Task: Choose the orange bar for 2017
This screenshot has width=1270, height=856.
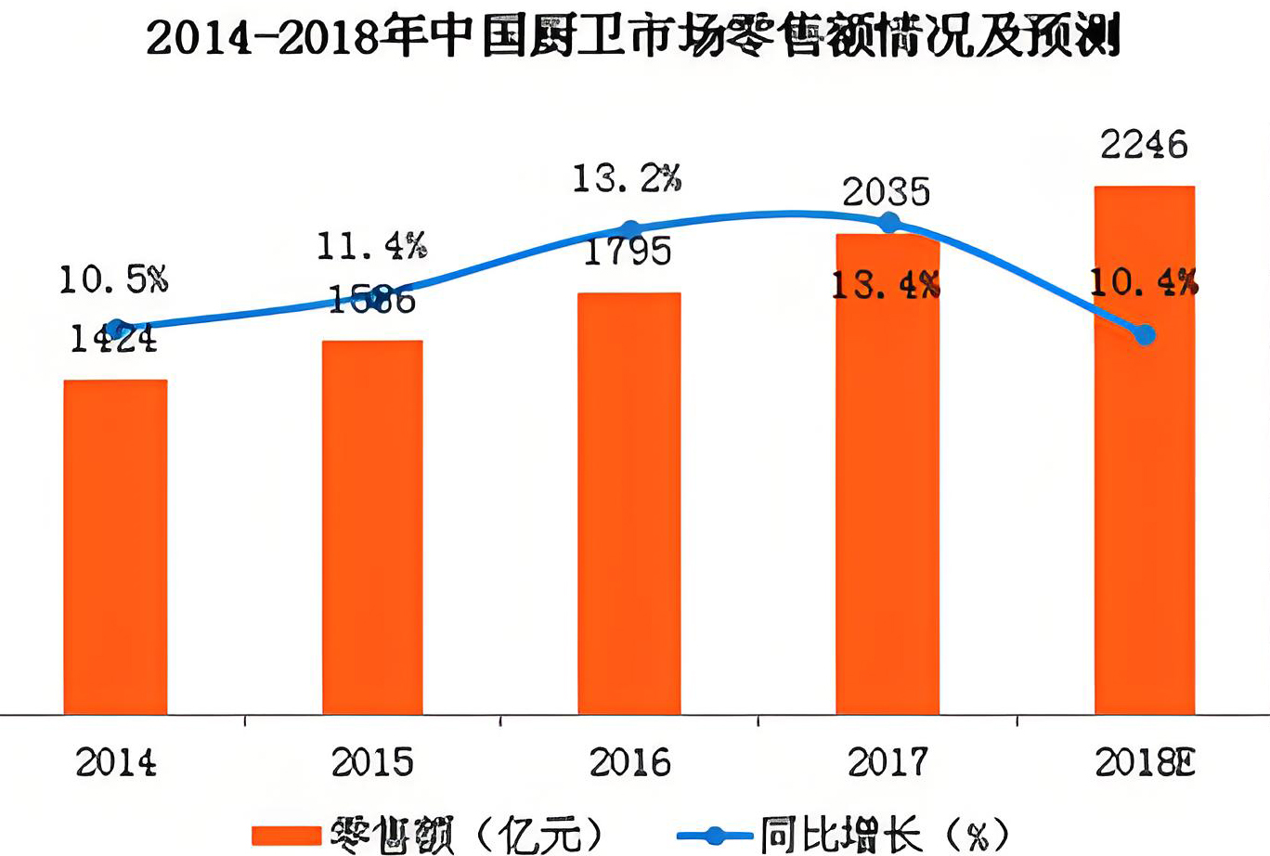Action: click(888, 473)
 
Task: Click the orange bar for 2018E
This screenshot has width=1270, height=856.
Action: click(1145, 449)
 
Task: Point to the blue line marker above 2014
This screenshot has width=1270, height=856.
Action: click(116, 329)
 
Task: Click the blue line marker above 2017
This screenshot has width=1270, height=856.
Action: click(889, 223)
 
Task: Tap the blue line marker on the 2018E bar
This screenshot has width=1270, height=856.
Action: click(1146, 334)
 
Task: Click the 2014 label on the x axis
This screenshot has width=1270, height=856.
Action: click(115, 763)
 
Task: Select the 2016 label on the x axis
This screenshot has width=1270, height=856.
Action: click(629, 763)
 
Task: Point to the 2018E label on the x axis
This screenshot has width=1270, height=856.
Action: click(1144, 763)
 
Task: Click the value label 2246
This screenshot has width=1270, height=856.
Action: click(1144, 145)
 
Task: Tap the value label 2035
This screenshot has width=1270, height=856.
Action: click(886, 192)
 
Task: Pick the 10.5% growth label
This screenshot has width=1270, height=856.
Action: click(113, 279)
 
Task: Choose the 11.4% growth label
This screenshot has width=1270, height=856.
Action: click(371, 246)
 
